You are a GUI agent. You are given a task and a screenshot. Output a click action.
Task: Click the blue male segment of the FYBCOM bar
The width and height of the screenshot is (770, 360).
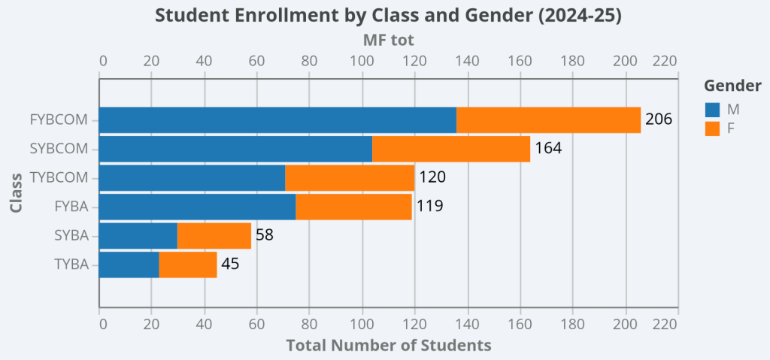click(x=277, y=120)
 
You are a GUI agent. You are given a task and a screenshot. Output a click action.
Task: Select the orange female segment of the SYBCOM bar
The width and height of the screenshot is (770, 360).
click(x=451, y=149)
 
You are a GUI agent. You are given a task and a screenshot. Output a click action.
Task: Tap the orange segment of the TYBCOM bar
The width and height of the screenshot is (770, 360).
click(x=350, y=178)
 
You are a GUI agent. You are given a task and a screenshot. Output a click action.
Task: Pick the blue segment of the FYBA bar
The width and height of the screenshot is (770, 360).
click(x=197, y=207)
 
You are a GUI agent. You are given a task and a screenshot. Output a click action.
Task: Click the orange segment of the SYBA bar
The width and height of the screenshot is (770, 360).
click(x=214, y=235)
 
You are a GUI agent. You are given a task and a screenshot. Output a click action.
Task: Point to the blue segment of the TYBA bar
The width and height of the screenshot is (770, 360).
click(x=129, y=265)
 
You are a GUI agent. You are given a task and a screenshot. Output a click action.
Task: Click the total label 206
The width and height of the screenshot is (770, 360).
click(x=658, y=119)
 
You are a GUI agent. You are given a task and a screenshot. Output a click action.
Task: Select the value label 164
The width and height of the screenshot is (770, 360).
click(x=548, y=148)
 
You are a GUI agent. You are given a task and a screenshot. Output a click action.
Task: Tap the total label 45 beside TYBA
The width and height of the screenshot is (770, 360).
click(x=230, y=264)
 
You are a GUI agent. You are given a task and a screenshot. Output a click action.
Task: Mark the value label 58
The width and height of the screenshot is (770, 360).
click(x=264, y=235)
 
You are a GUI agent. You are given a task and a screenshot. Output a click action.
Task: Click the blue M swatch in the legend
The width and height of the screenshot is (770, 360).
click(x=712, y=110)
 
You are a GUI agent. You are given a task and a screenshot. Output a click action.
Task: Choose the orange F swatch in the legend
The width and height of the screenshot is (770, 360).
click(x=712, y=129)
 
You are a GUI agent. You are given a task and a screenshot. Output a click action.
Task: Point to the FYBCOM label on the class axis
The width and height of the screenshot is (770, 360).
click(x=59, y=119)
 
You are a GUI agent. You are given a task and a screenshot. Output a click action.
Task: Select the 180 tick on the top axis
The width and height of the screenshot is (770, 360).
click(x=573, y=61)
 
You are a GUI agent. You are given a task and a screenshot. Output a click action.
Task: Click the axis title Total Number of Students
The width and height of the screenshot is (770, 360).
click(x=389, y=345)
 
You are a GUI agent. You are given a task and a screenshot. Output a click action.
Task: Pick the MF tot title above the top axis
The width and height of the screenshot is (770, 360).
click(x=389, y=39)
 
